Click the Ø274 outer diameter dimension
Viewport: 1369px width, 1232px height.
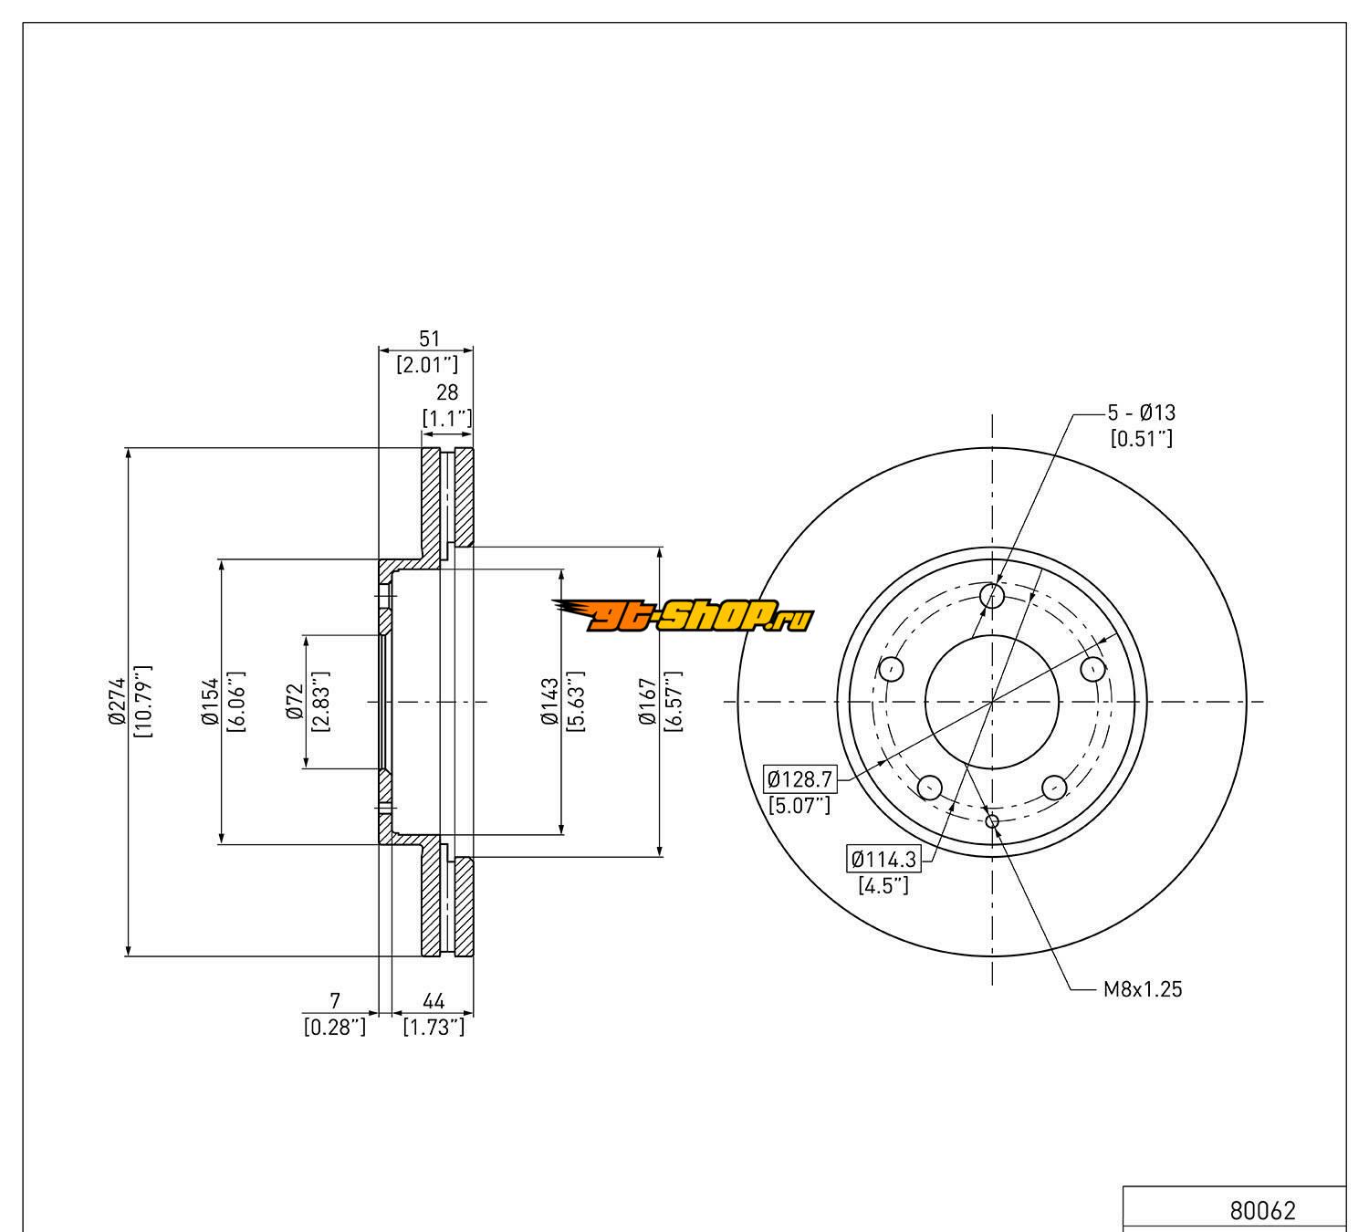pyautogui.click(x=117, y=701)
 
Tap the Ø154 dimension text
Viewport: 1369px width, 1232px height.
pyautogui.click(x=210, y=701)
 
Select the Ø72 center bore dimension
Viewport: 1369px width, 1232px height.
pyautogui.click(x=295, y=702)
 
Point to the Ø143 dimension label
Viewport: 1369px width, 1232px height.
pyautogui.click(x=549, y=701)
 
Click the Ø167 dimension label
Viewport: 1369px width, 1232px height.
pyautogui.click(x=647, y=701)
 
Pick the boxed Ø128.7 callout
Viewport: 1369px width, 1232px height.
pyautogui.click(x=799, y=778)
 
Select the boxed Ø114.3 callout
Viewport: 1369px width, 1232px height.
pyautogui.click(x=883, y=859)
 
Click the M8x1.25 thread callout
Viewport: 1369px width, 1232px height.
pyautogui.click(x=1143, y=989)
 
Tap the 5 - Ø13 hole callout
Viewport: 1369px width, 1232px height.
pyautogui.click(x=1141, y=412)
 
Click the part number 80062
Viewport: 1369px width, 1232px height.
pyautogui.click(x=1262, y=1210)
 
